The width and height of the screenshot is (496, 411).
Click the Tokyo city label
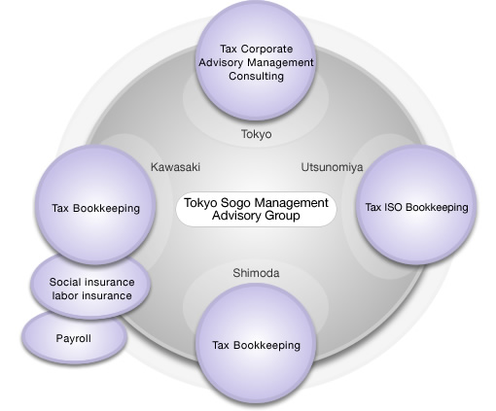pos(256,134)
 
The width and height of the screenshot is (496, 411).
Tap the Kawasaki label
pos(175,167)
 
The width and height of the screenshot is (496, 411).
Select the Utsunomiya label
pos(333,167)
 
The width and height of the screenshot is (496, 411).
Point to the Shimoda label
pos(256,273)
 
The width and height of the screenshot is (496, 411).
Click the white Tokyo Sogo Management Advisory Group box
pos(256,209)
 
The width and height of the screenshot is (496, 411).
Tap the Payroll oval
pos(74,337)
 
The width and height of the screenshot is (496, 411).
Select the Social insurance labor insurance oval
pos(91,285)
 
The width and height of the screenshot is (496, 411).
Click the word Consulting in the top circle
pos(256,77)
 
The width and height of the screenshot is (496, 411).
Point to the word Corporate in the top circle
pos(267,50)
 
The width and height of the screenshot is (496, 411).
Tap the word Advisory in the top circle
pos(221,62)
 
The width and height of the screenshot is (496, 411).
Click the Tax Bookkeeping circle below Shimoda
pos(256,343)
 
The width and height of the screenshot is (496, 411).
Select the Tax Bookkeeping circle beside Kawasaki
pos(95,205)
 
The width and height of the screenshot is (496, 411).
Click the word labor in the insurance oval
pos(64,295)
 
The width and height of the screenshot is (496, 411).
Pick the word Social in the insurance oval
pos(63,282)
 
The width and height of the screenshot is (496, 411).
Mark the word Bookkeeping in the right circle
pos(437,208)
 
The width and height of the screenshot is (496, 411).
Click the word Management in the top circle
pos(280,63)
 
